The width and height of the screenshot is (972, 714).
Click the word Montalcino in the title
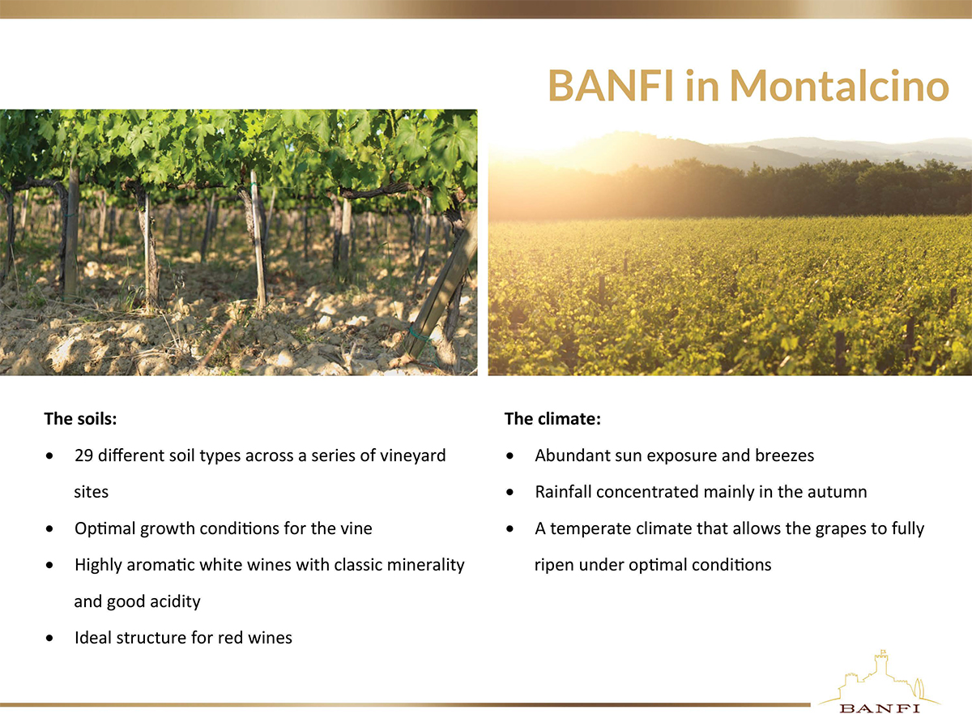pyautogui.click(x=839, y=85)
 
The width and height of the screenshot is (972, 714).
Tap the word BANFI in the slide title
pyautogui.click(x=611, y=85)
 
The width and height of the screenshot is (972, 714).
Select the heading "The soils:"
pyautogui.click(x=81, y=419)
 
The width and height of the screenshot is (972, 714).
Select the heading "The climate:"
pyautogui.click(x=552, y=419)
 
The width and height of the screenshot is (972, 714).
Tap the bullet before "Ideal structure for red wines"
pyautogui.click(x=49, y=638)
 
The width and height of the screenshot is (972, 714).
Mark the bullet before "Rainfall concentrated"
pyautogui.click(x=509, y=492)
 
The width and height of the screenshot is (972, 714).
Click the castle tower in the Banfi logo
pyautogui.click(x=880, y=665)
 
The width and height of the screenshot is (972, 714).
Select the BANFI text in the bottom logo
pyautogui.click(x=880, y=708)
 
